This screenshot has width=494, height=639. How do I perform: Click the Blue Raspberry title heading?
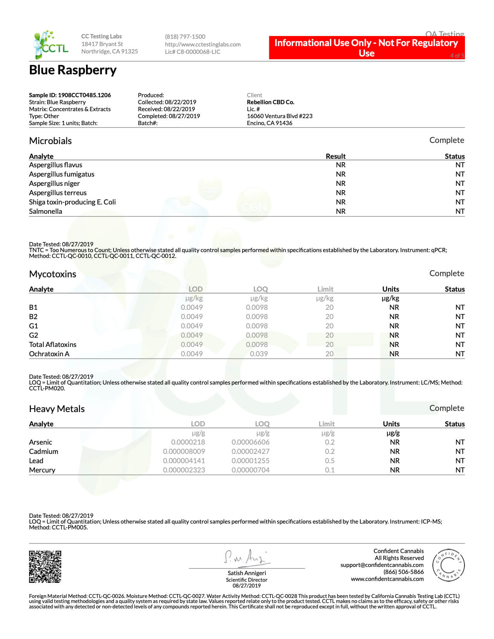point(73,70)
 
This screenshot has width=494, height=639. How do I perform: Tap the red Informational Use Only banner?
point(366,48)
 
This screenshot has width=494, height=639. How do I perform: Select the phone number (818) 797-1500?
point(185,37)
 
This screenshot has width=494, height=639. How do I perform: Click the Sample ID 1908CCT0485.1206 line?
point(70,95)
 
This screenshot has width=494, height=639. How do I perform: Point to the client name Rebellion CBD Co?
point(270,102)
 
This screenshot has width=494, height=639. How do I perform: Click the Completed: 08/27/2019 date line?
point(169,116)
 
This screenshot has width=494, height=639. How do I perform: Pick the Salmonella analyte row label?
point(45,211)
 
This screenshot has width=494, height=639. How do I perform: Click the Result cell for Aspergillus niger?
point(341,184)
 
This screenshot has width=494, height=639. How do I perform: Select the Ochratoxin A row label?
point(49,354)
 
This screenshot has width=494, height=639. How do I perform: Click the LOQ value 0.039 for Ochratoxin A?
point(259,354)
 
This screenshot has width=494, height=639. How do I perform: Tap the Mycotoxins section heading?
point(53,274)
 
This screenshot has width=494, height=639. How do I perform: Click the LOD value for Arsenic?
point(188,442)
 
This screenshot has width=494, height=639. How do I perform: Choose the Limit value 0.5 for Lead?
point(330,461)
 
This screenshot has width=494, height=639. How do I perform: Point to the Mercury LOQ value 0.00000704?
point(250,470)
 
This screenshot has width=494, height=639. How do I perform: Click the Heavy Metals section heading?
point(57,409)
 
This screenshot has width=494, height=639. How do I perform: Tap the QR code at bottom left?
point(45,567)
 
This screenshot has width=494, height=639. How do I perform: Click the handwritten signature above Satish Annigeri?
point(247,558)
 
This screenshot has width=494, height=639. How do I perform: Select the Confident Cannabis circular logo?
point(448,565)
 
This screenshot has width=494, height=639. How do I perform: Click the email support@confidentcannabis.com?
point(382,565)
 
